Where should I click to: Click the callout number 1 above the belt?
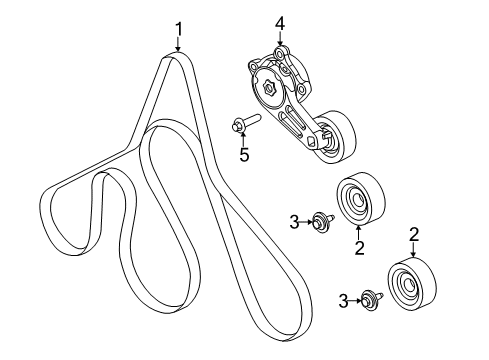tap(178, 27)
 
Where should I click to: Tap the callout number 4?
tap(281, 22)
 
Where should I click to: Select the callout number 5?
tap(243, 154)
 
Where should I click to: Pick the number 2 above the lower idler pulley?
tap(413, 235)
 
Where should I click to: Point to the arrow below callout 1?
tap(178, 44)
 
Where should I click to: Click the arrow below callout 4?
tap(281, 38)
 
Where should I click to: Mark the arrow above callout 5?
tap(243, 138)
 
